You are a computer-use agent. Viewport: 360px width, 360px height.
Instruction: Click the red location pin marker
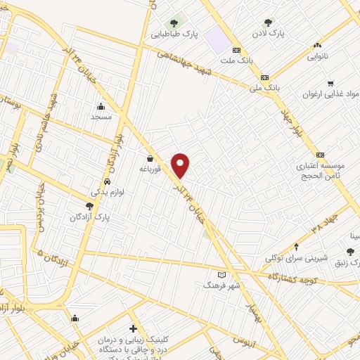tap(181, 165)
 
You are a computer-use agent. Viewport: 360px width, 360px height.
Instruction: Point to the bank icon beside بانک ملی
tap(264, 77)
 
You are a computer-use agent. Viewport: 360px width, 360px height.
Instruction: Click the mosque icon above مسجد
tap(101, 107)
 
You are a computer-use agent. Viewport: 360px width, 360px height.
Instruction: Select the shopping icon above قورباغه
tap(150, 158)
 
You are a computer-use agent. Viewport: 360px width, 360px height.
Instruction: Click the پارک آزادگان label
tap(89, 217)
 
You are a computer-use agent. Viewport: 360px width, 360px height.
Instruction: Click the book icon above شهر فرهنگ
tap(222, 274)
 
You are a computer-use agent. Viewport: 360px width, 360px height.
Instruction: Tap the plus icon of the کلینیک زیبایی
tap(133, 328)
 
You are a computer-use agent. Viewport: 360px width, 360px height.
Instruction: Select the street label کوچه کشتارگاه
tap(294, 279)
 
